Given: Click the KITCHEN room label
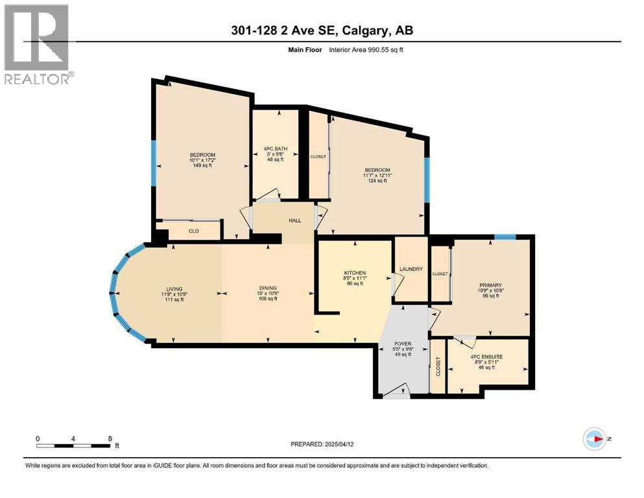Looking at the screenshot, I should (x=355, y=273).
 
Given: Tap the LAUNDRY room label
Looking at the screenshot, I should (x=411, y=269).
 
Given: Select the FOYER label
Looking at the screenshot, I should (x=403, y=344).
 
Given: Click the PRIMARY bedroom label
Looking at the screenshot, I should (x=491, y=285).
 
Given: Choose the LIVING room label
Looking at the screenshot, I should (x=173, y=289).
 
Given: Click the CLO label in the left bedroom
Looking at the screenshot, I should (x=193, y=231).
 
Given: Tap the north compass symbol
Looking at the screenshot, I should (x=594, y=439).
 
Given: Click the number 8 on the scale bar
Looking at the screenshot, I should (x=110, y=438).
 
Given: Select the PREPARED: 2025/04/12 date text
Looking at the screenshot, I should (x=322, y=444).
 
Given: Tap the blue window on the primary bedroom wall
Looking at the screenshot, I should (x=505, y=237).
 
